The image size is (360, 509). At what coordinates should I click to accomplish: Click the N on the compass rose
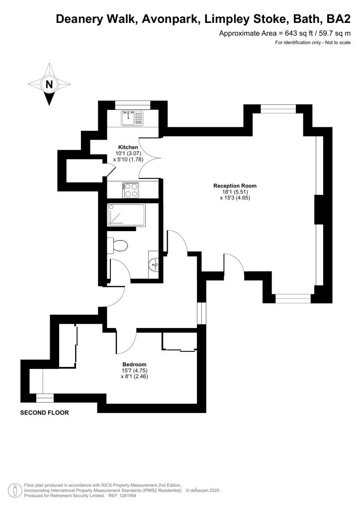click(x=49, y=85)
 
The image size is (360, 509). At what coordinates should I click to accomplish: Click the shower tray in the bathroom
click(x=126, y=215)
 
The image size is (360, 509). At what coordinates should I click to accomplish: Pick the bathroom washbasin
click(x=154, y=264)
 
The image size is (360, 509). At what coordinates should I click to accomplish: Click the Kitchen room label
click(x=128, y=147)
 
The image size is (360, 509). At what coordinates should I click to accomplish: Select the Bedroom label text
click(x=134, y=364)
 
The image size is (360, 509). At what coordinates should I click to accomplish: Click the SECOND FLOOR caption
click(x=44, y=413)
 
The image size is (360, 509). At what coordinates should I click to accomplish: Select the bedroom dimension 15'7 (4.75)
click(x=134, y=370)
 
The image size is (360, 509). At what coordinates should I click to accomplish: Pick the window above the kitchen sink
click(x=133, y=104)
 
